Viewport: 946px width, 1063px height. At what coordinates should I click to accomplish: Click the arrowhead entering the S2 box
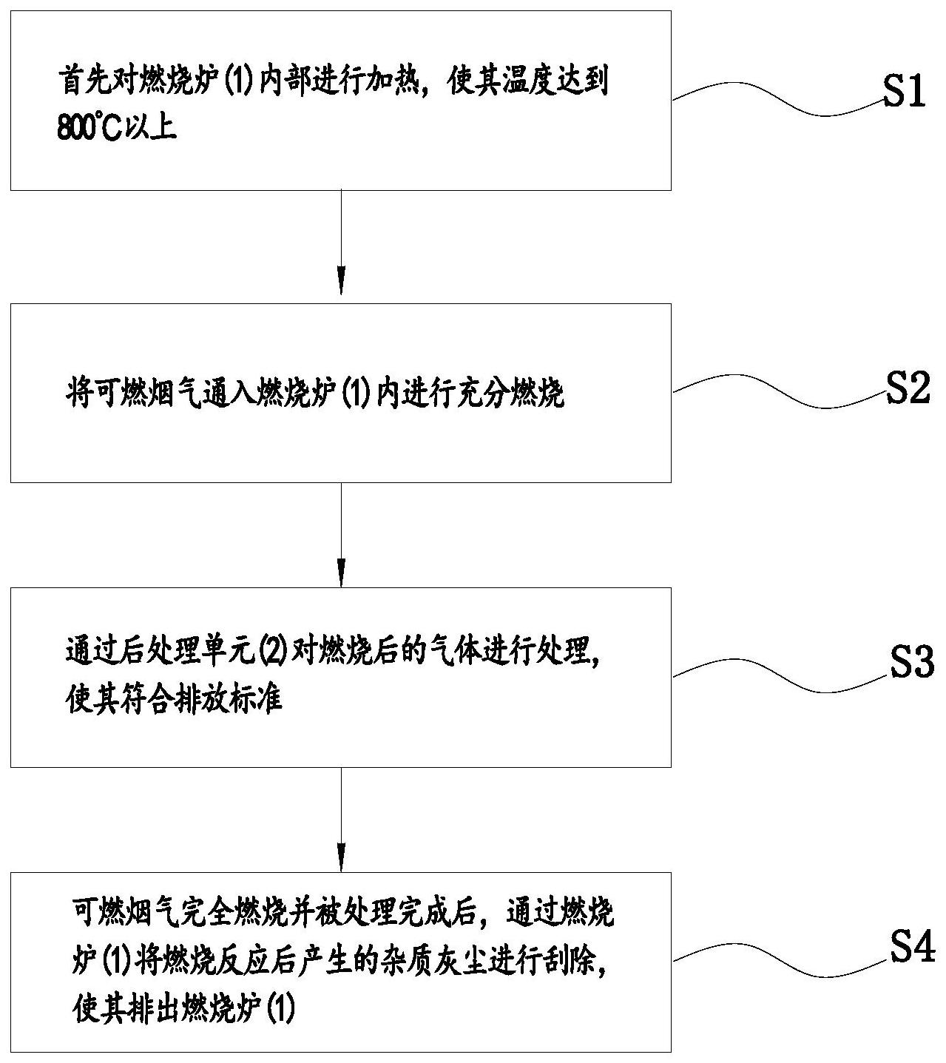click(341, 284)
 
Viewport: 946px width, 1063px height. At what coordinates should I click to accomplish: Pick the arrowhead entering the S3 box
click(341, 576)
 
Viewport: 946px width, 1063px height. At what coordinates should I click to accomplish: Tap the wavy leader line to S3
click(777, 675)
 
